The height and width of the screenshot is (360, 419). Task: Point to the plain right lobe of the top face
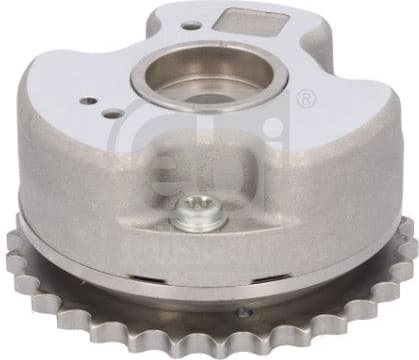340,110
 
